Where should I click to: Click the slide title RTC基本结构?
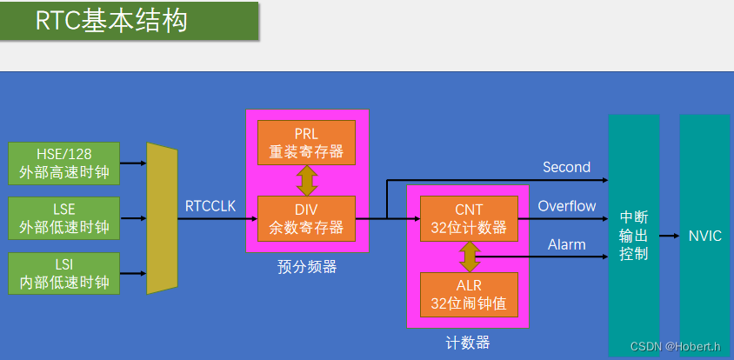[111, 22]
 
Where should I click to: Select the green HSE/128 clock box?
[63, 163]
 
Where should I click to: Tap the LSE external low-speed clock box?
[63, 217]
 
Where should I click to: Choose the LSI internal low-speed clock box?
[63, 272]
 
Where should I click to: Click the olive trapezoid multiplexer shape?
[162, 217]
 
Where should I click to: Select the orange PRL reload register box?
[306, 142]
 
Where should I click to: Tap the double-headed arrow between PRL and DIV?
[307, 180]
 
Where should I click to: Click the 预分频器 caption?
[307, 267]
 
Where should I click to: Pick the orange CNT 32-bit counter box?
[469, 218]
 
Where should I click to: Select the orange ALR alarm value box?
[469, 295]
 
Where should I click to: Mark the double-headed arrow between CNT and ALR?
[470, 257]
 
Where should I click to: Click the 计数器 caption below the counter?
[469, 342]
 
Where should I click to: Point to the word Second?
[566, 167]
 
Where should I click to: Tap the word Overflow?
[566, 206]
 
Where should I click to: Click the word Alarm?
[566, 244]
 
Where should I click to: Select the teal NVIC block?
[704, 236]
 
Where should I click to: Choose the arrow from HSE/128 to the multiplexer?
[132, 163]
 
